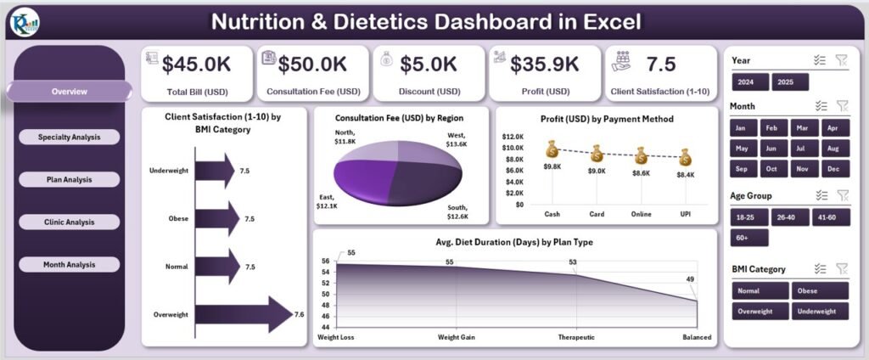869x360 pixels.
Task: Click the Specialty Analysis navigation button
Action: tap(69, 137)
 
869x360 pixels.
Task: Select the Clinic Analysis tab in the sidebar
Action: tap(69, 222)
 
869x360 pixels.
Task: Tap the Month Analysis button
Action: tap(69, 264)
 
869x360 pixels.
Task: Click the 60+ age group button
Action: tap(749, 238)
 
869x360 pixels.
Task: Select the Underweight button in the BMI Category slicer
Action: tap(820, 311)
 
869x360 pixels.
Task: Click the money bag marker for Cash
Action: tap(552, 151)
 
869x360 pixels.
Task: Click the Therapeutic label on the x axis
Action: tap(577, 338)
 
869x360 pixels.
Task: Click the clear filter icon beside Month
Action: tap(842, 106)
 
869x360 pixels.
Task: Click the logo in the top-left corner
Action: tap(24, 21)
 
